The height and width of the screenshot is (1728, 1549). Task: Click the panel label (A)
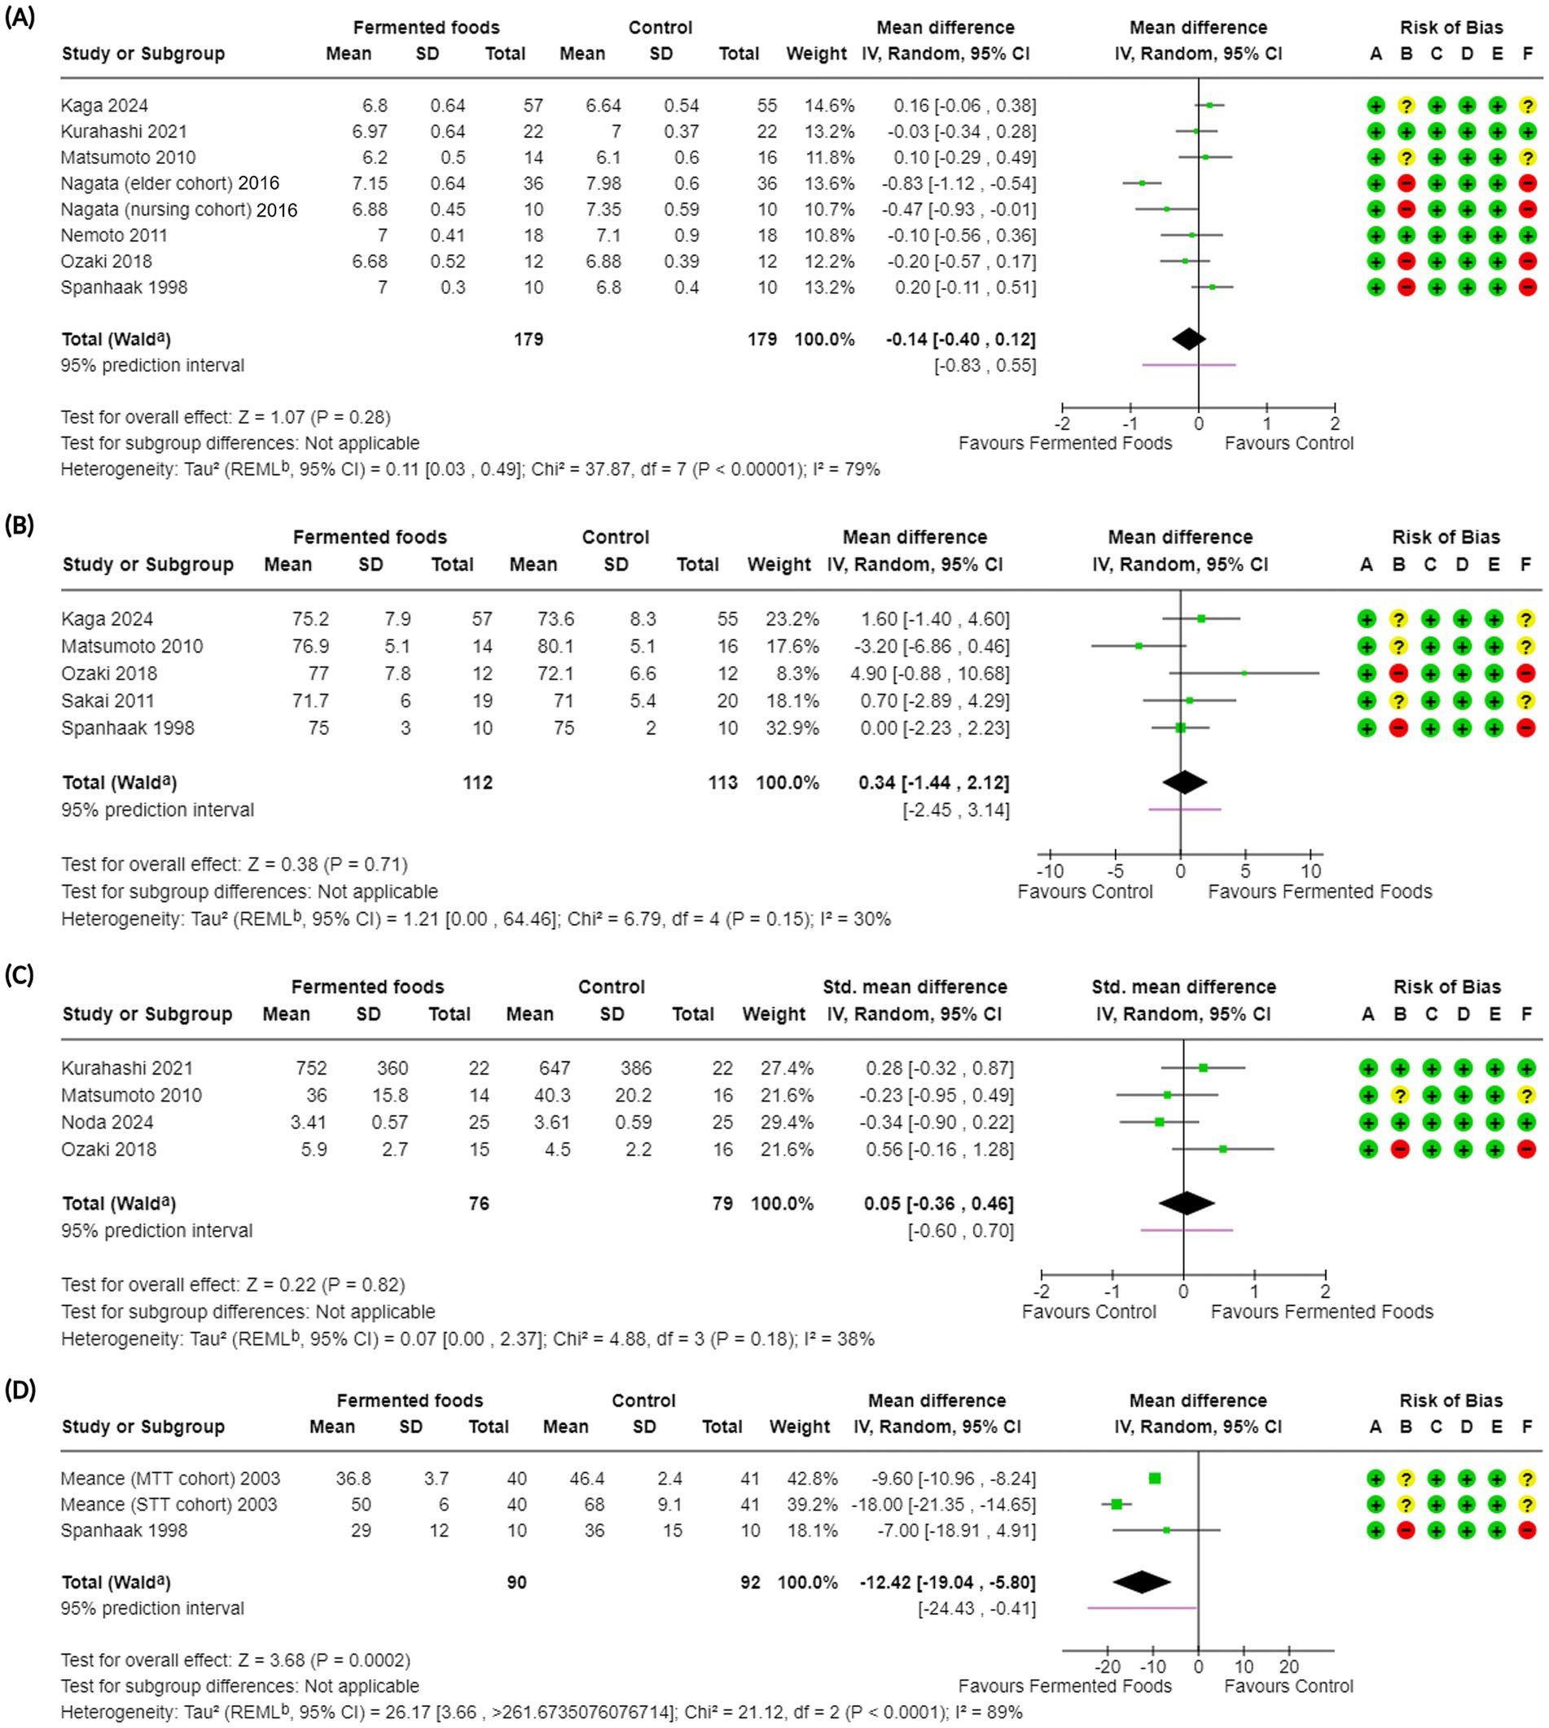coord(20,18)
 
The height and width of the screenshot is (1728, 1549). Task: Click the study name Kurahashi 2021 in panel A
coord(124,131)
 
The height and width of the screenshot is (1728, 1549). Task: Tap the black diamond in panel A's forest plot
coord(1188,339)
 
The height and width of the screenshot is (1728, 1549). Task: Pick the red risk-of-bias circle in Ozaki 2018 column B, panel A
coord(1406,262)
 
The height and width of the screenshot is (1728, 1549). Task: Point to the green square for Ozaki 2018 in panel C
coord(1223,1150)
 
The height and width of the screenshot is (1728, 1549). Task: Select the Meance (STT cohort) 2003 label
coord(169,1504)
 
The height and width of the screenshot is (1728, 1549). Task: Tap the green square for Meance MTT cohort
coord(1155,1479)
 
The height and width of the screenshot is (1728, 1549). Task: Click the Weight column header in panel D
coord(799,1427)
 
